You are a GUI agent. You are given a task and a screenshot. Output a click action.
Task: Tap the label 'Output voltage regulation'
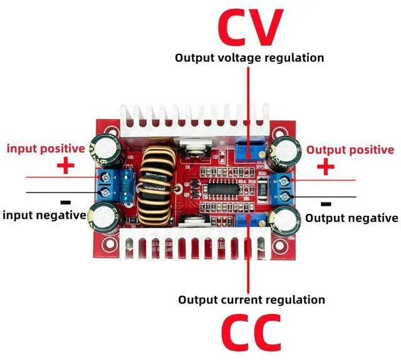pos(249,58)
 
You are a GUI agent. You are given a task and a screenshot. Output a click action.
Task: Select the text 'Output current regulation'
pos(252,299)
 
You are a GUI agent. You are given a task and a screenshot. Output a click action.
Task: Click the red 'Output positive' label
pos(350,150)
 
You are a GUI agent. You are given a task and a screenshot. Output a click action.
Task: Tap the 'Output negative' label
pos(351,218)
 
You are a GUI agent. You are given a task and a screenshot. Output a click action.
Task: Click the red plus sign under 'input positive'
pos(66,166)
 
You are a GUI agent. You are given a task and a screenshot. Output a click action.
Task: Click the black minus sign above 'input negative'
pos(65,203)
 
